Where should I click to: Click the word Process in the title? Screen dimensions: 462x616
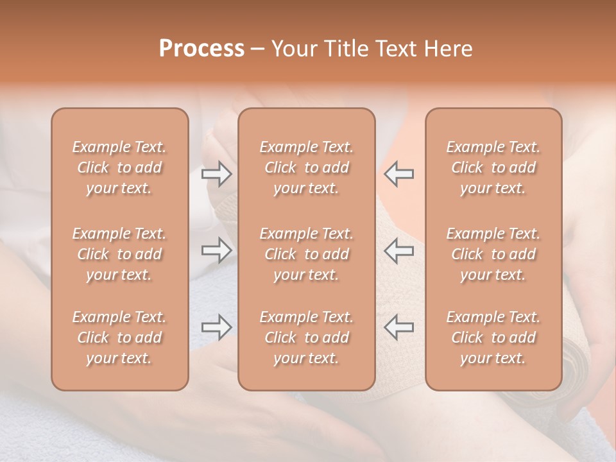point(201,49)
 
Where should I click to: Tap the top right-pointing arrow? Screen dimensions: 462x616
point(216,174)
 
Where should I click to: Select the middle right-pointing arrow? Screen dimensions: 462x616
point(216,250)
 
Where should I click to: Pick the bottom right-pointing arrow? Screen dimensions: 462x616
point(216,327)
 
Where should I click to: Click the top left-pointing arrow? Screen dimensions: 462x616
point(399,174)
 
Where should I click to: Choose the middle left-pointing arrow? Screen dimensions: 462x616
point(399,250)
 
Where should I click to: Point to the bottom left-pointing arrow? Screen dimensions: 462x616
point(399,327)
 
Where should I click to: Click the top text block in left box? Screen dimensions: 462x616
point(119,167)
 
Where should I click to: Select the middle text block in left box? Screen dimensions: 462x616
point(119,254)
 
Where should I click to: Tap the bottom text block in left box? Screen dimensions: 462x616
point(119,338)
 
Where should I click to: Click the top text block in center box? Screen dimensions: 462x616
point(306,167)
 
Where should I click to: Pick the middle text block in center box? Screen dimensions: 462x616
point(306,254)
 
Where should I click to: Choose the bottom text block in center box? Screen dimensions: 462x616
point(306,338)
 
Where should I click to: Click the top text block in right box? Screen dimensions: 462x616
point(493,167)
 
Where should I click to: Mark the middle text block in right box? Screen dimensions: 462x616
point(493,254)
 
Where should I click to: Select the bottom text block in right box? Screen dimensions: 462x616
point(493,338)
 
